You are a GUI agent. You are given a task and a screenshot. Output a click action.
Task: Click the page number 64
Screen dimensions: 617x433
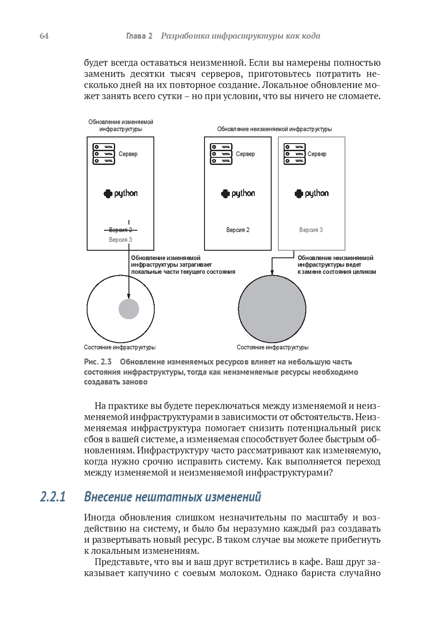[x=44, y=36]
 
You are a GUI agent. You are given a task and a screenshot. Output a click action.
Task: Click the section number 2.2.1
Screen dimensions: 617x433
[x=53, y=497]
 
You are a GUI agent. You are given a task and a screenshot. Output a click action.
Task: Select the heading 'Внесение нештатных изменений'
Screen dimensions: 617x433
[x=172, y=497]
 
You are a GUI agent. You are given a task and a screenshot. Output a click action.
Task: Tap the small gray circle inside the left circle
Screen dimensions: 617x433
[x=129, y=309]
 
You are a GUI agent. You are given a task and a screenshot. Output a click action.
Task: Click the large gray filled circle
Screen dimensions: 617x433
[x=272, y=309]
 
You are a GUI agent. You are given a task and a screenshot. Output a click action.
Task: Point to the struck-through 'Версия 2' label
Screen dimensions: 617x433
[x=120, y=230]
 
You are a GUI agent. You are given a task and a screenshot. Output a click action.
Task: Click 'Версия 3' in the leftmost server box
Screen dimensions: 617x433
[x=120, y=240]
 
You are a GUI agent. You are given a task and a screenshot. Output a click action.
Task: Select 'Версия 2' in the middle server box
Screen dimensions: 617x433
[x=238, y=230]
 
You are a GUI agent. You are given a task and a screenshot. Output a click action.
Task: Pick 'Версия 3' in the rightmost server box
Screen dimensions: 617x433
[x=311, y=230]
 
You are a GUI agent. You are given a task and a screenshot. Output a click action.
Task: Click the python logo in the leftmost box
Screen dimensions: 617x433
[x=120, y=193]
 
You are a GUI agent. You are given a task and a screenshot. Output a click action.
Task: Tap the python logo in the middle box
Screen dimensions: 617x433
[x=238, y=193]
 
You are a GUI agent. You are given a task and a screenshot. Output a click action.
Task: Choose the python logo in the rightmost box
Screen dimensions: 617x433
[x=312, y=193]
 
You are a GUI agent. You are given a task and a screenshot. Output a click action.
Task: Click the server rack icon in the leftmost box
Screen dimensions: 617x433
[x=104, y=154]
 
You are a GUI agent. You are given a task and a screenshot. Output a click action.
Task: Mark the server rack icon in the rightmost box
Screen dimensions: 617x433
[x=295, y=154]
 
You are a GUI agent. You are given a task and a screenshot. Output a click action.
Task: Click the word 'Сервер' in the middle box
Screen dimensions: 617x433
[x=245, y=154]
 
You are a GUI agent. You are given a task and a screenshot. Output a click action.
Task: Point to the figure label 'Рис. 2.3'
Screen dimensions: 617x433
[x=98, y=362]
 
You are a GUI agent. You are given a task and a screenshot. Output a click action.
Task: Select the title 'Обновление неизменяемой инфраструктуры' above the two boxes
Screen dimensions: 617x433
[x=274, y=129]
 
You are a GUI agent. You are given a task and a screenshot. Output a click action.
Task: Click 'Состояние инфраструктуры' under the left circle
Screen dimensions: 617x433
[x=120, y=347]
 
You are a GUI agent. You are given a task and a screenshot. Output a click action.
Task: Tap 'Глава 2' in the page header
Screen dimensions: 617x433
[x=139, y=36]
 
